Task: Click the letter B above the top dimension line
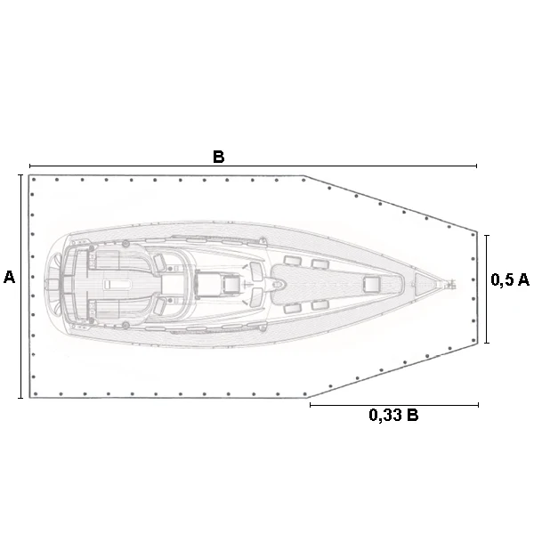pyautogui.click(x=219, y=157)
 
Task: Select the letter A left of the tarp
pyautogui.click(x=9, y=277)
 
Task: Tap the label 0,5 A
pyautogui.click(x=510, y=279)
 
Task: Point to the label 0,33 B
pyautogui.click(x=393, y=415)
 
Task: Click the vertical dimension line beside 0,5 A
pyautogui.click(x=487, y=288)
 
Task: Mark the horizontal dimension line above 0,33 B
pyautogui.click(x=394, y=405)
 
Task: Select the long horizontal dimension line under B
pyautogui.click(x=253, y=166)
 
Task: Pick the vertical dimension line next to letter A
pyautogui.click(x=20, y=286)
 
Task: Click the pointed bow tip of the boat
pyautogui.click(x=455, y=284)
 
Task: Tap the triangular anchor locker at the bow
pyautogui.click(x=424, y=283)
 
